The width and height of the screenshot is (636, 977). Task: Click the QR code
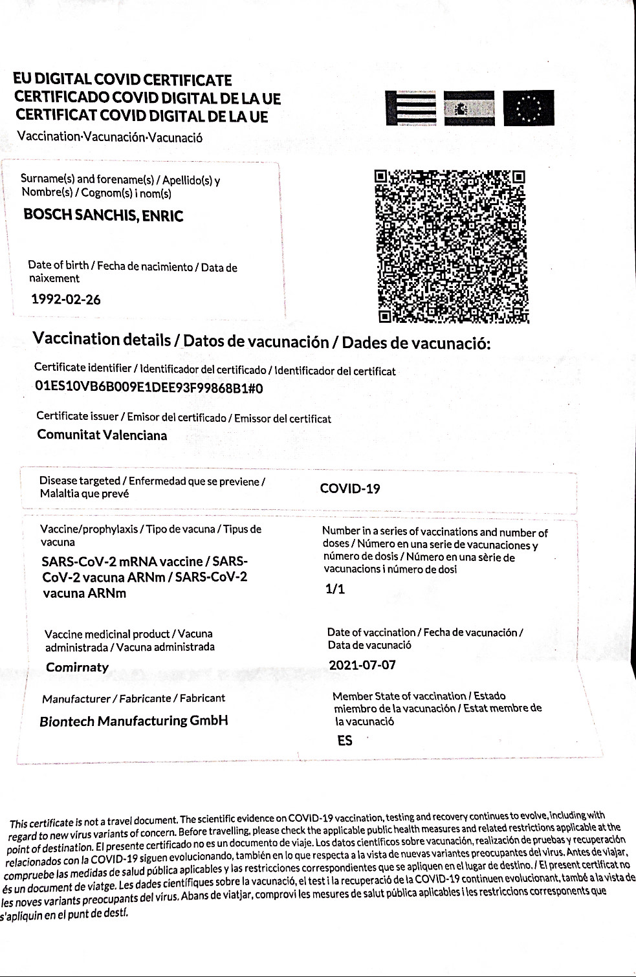click(x=451, y=246)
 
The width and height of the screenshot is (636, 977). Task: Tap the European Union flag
click(x=529, y=107)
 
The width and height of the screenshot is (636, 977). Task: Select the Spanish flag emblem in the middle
click(x=469, y=108)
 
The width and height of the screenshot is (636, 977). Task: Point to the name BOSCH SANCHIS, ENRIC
click(x=104, y=215)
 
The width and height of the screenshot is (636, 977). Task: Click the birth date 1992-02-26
click(x=66, y=300)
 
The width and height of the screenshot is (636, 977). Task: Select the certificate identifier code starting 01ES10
click(x=149, y=388)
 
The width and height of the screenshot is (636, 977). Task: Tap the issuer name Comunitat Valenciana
click(x=102, y=435)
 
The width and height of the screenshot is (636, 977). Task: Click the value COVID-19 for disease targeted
click(x=350, y=488)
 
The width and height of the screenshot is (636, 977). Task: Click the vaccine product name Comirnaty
click(x=77, y=667)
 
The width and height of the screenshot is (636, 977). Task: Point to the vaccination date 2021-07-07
click(x=362, y=665)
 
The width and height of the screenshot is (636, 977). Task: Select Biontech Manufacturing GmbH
click(x=134, y=721)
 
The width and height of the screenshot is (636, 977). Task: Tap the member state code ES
click(x=345, y=741)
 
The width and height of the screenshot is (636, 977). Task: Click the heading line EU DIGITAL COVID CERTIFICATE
click(x=123, y=81)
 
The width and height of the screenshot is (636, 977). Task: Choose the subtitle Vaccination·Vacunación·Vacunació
click(x=110, y=137)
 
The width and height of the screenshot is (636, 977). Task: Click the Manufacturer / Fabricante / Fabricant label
click(x=133, y=699)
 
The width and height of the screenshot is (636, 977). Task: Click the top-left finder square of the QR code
click(x=382, y=176)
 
